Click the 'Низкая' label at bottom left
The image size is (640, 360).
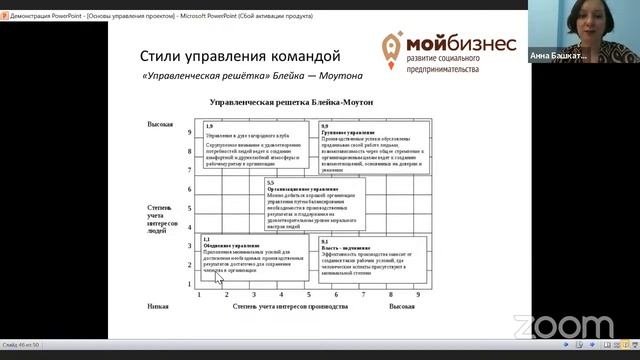tap(157, 306)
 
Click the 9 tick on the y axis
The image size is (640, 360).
tap(189, 132)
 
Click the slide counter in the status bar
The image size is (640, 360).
tap(21, 344)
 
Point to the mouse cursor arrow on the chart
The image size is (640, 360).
tap(219, 277)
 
